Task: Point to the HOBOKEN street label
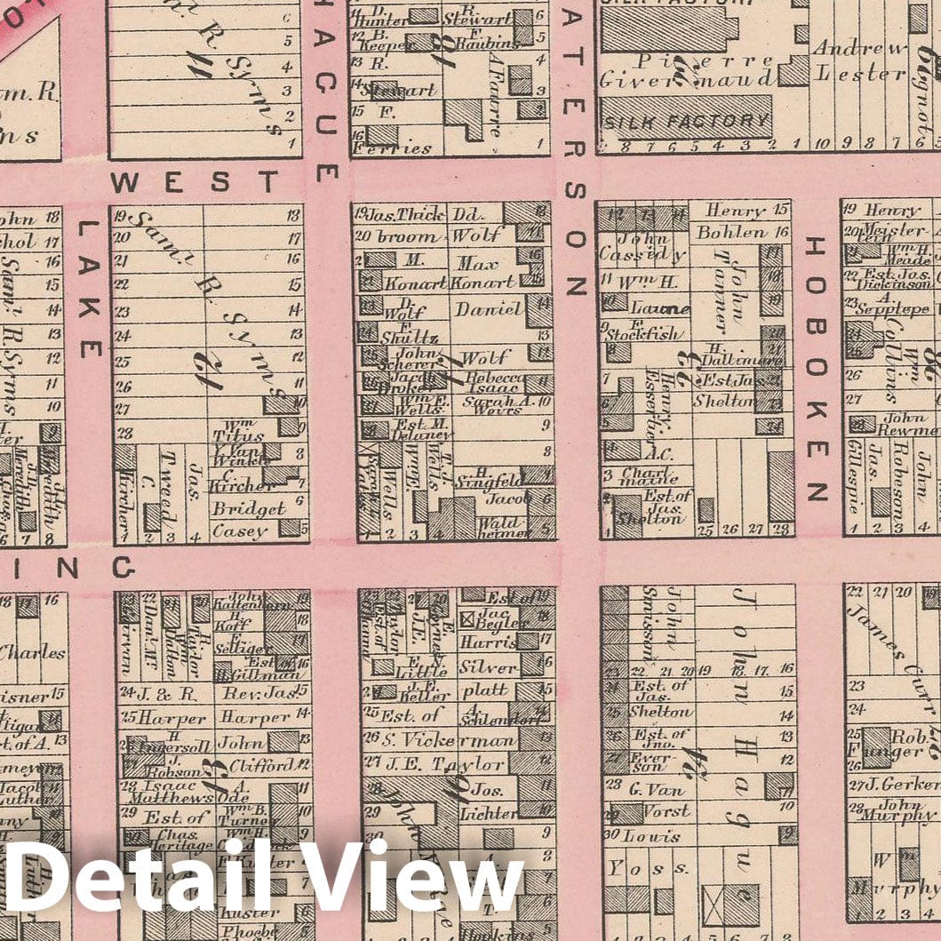point(816,369)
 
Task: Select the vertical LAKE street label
point(90,289)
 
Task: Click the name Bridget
point(248,509)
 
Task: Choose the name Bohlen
point(730,233)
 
